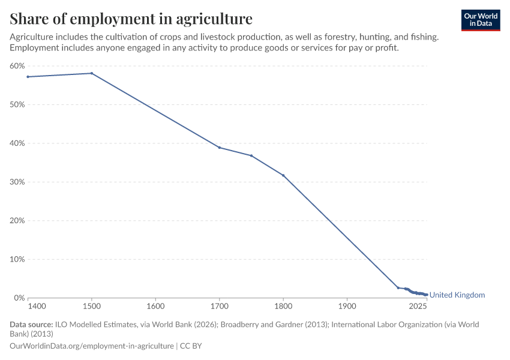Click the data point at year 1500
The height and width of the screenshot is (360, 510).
(92, 73)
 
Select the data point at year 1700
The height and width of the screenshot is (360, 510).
(220, 148)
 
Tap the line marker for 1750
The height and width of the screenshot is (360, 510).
(251, 156)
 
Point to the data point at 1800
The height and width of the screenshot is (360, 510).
(283, 175)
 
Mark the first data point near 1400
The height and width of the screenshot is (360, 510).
(28, 77)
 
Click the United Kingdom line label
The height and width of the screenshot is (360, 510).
(457, 295)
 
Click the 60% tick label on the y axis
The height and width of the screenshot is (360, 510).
(17, 66)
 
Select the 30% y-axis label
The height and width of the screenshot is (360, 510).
(17, 182)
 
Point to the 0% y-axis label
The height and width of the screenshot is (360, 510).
(20, 298)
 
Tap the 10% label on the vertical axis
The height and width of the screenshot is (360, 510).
(17, 259)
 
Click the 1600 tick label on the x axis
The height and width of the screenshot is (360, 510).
(155, 307)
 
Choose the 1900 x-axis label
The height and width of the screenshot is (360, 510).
(347, 307)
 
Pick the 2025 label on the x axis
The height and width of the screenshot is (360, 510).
(418, 307)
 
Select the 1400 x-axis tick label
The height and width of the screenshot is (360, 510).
(37, 307)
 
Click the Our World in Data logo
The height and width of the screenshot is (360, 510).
(481, 20)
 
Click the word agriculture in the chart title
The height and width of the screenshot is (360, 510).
(214, 19)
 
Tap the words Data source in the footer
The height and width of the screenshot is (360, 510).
(31, 325)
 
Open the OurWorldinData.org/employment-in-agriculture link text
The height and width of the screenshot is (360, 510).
(92, 346)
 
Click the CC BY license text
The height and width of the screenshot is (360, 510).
(191, 346)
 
